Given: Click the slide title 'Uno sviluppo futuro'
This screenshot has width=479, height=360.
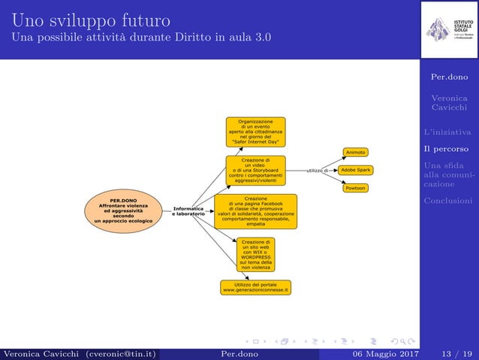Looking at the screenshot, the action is coord(90,18).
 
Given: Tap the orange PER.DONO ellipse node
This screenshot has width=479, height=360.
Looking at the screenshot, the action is coord(123,210).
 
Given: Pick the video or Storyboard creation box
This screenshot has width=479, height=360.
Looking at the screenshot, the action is coord(255,171).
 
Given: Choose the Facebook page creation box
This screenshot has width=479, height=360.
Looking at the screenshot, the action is coord(255,211).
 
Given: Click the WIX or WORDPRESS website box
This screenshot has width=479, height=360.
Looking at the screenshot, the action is coord(255,255).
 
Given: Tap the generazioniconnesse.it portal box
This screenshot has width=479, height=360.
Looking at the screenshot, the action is coord(255,287).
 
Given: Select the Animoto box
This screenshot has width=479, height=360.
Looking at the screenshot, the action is coord(355,153).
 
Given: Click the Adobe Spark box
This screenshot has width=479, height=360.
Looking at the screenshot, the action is coord(355,171).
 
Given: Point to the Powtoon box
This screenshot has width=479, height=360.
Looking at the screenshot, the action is coord(355,188).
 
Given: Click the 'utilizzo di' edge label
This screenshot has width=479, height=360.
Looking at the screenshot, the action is coord(317,171).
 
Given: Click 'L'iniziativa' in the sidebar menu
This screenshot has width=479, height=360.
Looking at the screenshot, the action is coord(447,132).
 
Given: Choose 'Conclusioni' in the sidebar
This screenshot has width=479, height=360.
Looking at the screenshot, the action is coord(447,200).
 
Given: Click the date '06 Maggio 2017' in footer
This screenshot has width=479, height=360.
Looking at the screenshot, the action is coord(377,354).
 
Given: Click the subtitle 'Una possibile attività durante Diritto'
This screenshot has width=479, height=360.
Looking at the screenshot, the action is coord(143,37).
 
